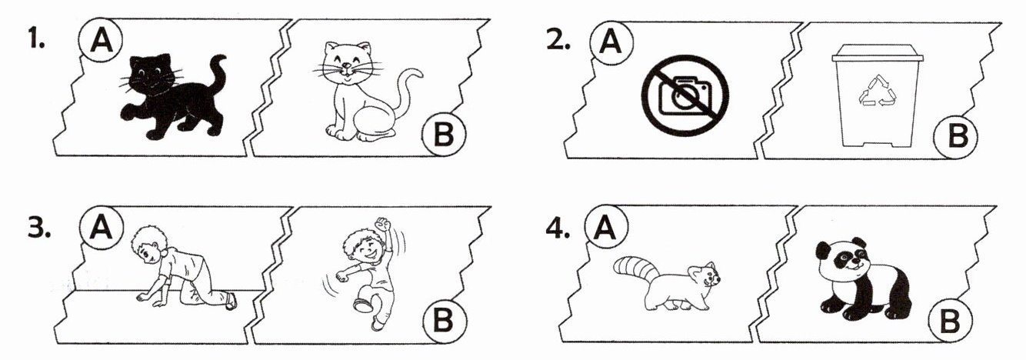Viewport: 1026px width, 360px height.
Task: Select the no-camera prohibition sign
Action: (685, 95)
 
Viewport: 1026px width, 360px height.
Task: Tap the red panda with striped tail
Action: (667, 284)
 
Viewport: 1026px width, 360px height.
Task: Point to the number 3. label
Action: (38, 228)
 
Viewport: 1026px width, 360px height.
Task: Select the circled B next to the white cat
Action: (443, 135)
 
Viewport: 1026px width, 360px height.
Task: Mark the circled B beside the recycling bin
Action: (957, 136)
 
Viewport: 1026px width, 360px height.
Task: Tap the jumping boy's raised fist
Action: (381, 225)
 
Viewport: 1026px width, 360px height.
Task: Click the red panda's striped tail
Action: (635, 270)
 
